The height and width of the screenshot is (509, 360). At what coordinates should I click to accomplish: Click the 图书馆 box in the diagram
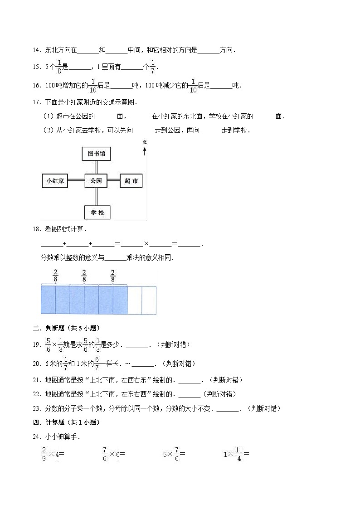(x=96, y=154)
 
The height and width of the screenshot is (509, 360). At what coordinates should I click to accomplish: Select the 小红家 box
(x=54, y=181)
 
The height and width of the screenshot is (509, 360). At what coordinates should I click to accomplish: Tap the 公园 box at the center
(x=96, y=181)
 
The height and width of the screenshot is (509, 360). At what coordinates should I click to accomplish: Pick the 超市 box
(x=131, y=181)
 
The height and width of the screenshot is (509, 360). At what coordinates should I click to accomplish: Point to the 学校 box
(x=97, y=212)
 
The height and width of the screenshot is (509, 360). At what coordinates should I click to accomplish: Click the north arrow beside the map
(x=145, y=150)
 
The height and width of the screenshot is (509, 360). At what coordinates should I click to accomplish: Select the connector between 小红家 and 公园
(x=76, y=181)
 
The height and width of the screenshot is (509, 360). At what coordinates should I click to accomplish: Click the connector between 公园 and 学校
(x=96, y=197)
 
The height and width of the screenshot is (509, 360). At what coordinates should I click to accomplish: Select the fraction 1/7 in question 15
(x=153, y=67)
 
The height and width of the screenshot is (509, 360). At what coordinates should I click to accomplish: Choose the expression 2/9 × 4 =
(x=53, y=453)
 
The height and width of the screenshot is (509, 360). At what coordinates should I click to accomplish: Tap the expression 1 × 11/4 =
(x=236, y=453)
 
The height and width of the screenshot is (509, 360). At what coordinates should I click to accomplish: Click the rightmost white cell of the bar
(x=149, y=300)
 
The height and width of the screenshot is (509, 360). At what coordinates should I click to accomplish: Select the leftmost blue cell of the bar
(x=48, y=300)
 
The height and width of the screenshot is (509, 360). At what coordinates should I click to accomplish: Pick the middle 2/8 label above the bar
(x=84, y=276)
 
